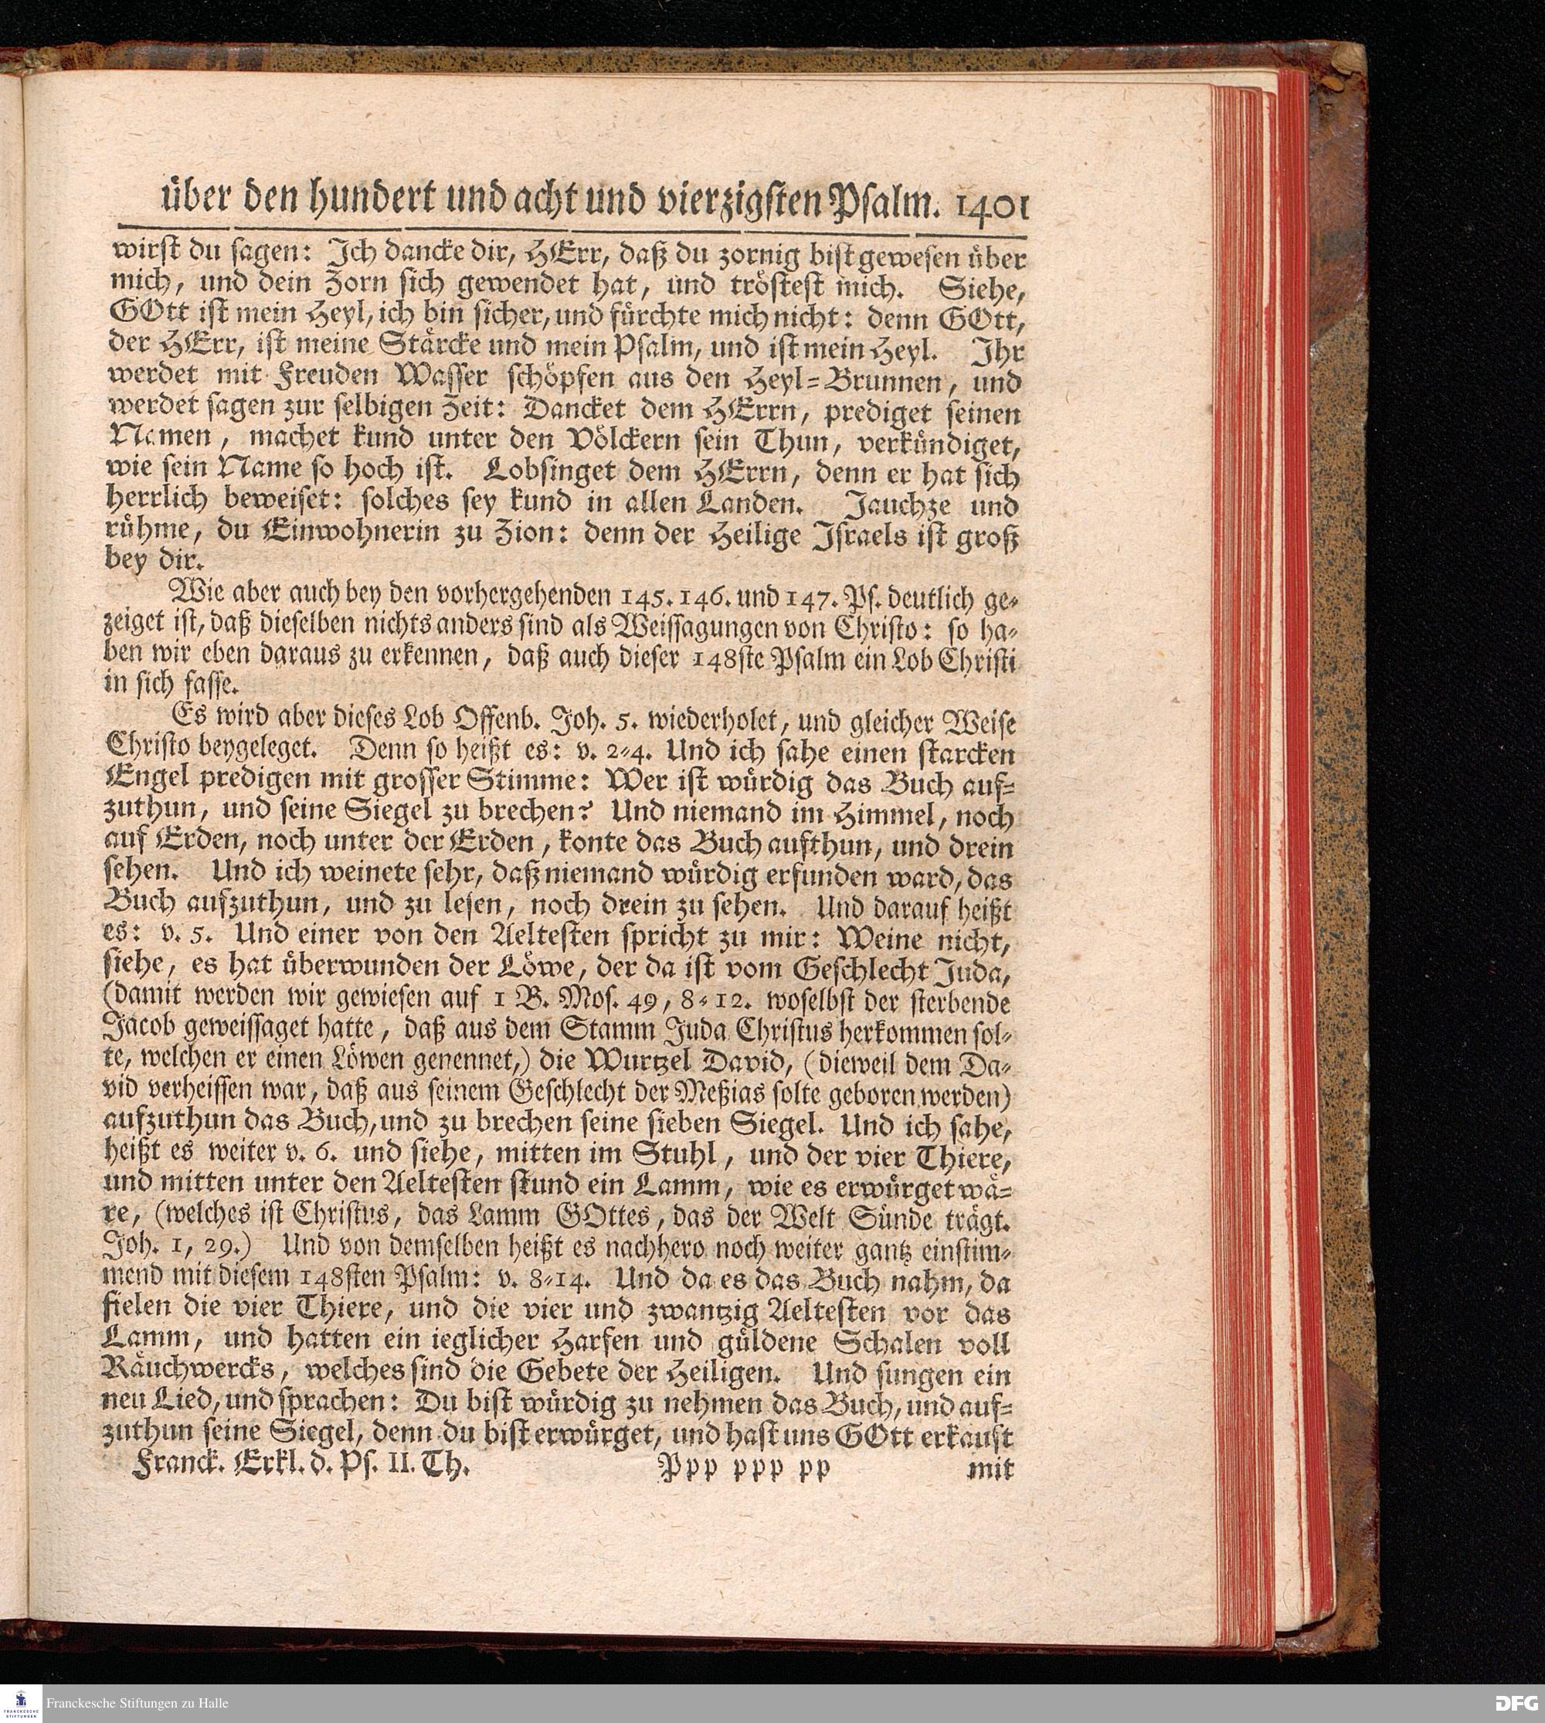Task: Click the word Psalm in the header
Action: pyautogui.click(x=879, y=204)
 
